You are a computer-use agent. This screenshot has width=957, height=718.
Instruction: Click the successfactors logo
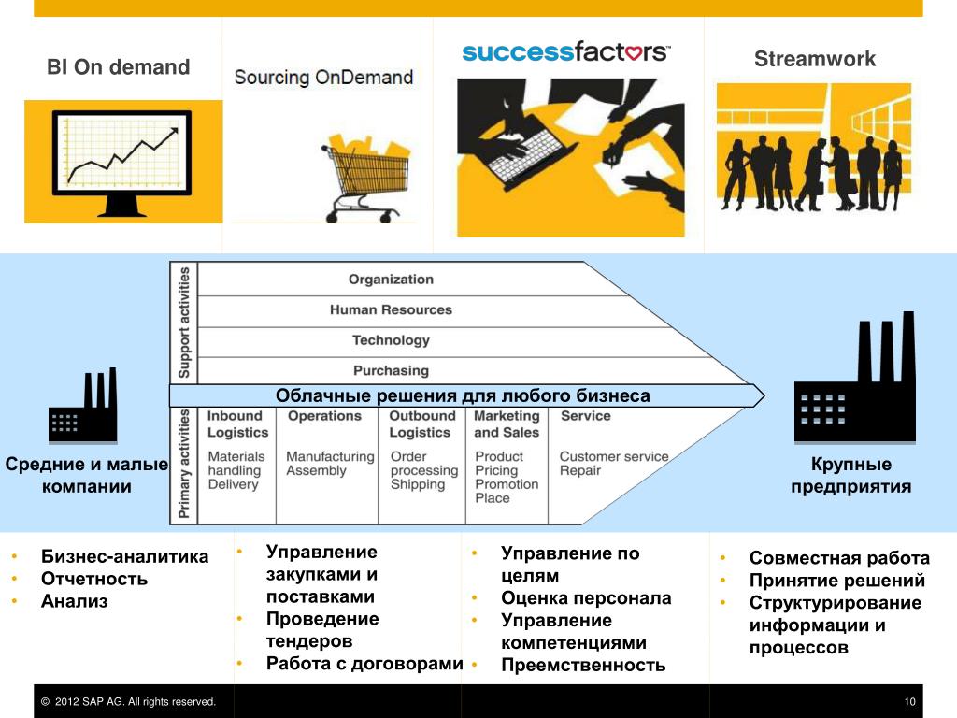click(566, 51)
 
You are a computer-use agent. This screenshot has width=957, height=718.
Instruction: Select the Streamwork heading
click(815, 59)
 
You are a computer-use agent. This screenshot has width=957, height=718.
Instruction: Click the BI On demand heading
click(119, 67)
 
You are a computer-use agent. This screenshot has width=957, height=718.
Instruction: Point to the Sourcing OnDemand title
click(323, 77)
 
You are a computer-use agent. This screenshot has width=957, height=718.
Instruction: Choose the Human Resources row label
click(391, 309)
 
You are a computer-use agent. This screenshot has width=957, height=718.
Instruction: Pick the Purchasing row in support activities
click(391, 370)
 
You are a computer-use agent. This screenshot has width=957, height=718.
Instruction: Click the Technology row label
click(391, 340)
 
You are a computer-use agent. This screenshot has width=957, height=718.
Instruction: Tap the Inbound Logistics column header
click(237, 424)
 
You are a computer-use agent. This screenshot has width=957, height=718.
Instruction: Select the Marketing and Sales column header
click(507, 424)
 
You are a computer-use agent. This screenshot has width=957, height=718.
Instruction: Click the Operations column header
click(324, 416)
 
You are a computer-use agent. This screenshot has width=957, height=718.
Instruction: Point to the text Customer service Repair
click(613, 464)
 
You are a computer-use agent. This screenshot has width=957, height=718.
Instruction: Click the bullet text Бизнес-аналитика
click(124, 557)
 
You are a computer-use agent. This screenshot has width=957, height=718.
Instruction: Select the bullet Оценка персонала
click(586, 598)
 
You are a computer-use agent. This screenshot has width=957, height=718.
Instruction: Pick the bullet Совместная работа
click(839, 558)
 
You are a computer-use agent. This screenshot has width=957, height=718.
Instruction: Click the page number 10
click(909, 702)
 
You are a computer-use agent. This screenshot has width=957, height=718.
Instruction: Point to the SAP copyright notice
click(129, 702)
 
